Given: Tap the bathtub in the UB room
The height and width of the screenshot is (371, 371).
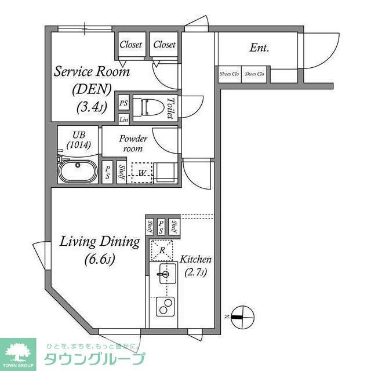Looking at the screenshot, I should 79,173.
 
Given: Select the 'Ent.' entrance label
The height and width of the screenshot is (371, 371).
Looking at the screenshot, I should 259,48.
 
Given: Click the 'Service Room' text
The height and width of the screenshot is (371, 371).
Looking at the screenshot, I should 92,72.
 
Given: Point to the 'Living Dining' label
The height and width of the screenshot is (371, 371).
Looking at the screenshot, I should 100,242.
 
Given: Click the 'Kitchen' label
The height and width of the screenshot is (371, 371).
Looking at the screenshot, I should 195,259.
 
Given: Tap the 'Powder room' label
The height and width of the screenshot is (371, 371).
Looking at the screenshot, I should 133,143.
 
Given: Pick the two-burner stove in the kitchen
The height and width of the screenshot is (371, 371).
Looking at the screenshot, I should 165,305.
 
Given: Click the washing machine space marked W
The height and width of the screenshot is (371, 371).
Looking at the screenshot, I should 141,172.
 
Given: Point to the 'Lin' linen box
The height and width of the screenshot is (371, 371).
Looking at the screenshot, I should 123,120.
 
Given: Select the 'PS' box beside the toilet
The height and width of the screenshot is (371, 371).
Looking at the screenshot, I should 123,103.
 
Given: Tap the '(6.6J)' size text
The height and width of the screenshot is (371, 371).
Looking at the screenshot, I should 99,259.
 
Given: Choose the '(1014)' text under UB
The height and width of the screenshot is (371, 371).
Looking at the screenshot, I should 78,145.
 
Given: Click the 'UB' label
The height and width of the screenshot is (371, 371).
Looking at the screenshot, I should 79,134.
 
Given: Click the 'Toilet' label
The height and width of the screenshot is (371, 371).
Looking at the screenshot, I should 170,108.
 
